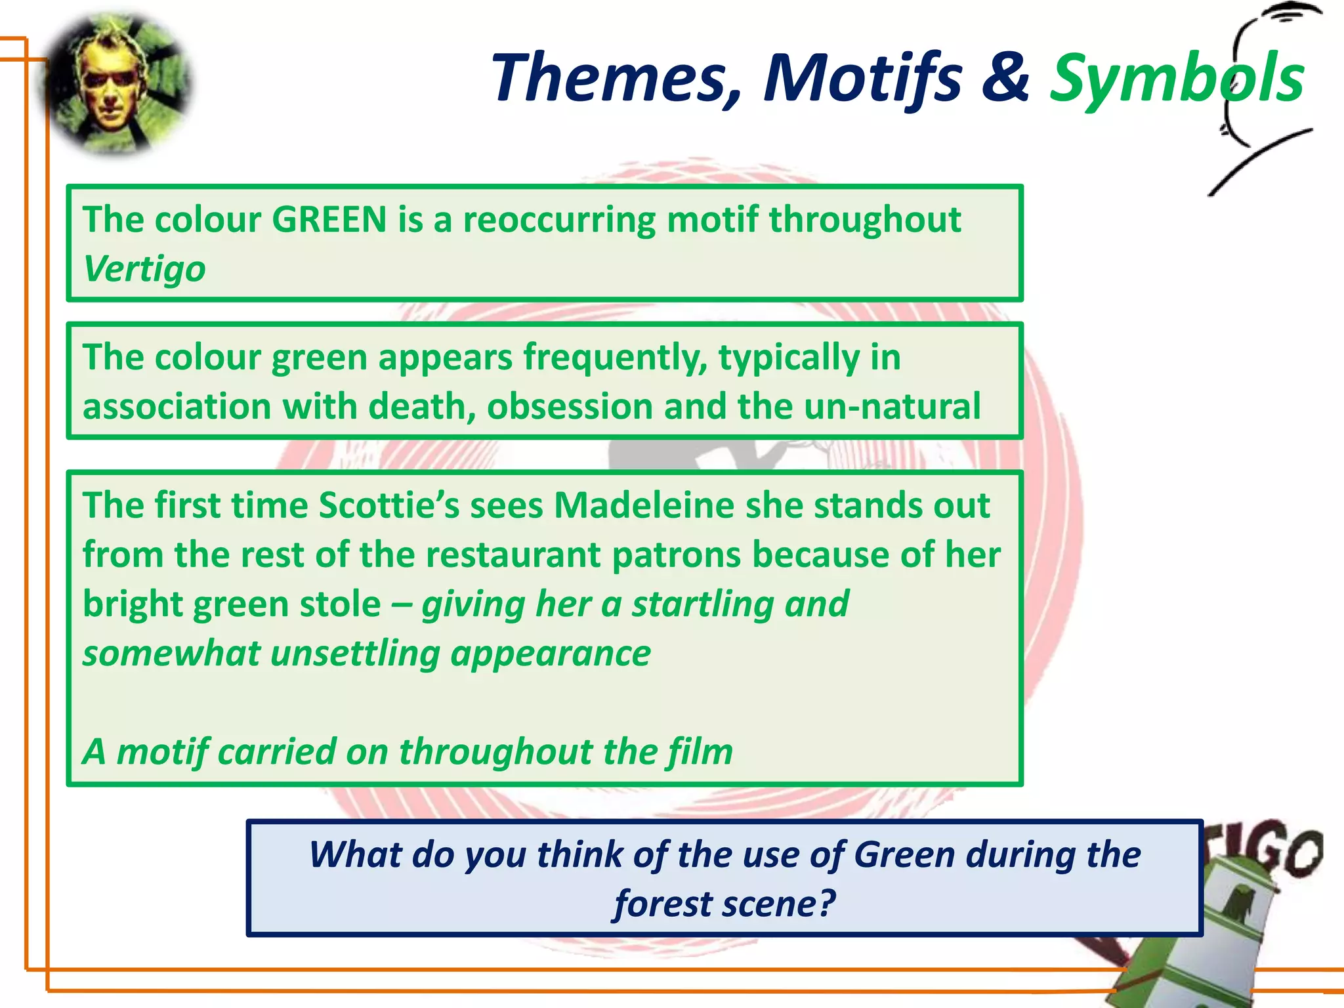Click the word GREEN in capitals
tap(329, 219)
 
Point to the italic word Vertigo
tap(144, 269)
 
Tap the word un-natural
tap(892, 406)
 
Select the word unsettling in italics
tap(355, 654)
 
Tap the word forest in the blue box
tap(663, 904)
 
